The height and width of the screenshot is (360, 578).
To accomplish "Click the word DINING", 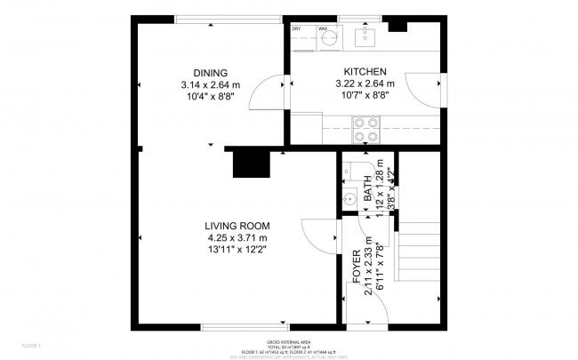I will (211, 73).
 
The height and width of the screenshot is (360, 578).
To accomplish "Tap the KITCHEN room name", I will (365, 72).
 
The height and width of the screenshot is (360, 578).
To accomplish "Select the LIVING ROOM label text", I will (237, 226).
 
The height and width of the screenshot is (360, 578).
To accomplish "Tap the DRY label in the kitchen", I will (297, 29).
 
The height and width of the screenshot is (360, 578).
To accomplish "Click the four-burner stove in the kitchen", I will (365, 131).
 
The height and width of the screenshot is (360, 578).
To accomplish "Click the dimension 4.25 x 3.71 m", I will (237, 237).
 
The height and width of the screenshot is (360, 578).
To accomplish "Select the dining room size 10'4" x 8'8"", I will (211, 96).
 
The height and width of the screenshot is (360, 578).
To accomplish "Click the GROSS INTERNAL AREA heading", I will (288, 342).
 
